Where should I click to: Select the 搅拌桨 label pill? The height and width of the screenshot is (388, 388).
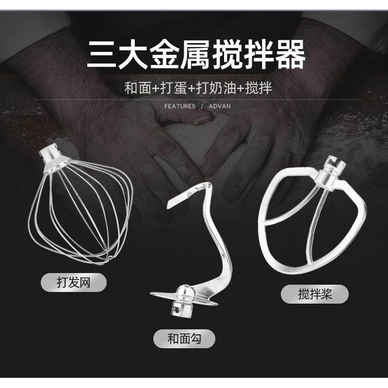315,294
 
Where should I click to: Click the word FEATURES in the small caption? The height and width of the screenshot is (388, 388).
180,106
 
